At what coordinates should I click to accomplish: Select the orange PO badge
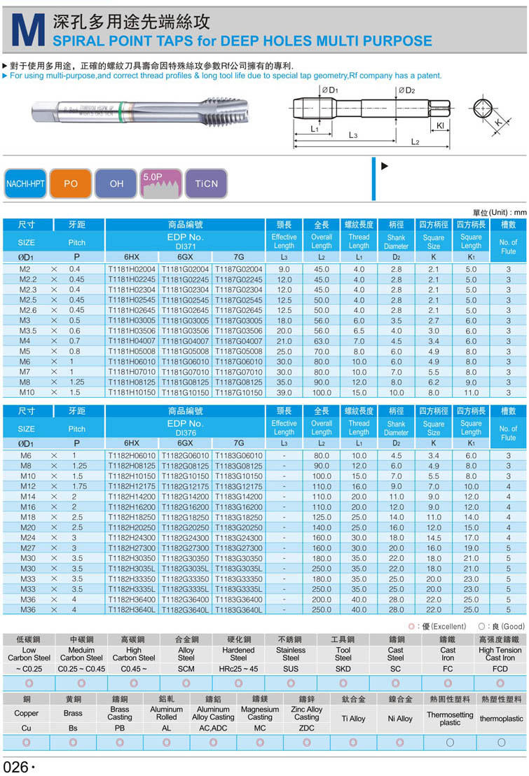[x=71, y=184]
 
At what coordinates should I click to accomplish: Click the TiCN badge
[x=207, y=184]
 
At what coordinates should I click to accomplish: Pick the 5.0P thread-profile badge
[x=162, y=184]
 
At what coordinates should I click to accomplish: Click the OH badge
[x=116, y=184]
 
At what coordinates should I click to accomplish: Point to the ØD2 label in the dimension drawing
[x=407, y=90]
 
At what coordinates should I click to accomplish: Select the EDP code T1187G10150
[x=238, y=392]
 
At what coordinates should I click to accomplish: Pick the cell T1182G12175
[x=185, y=486]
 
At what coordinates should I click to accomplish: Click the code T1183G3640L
[x=238, y=610]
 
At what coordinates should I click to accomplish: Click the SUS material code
[x=291, y=669]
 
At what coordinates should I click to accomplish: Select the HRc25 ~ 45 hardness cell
[x=238, y=669]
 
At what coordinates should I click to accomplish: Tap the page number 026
[x=15, y=766]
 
